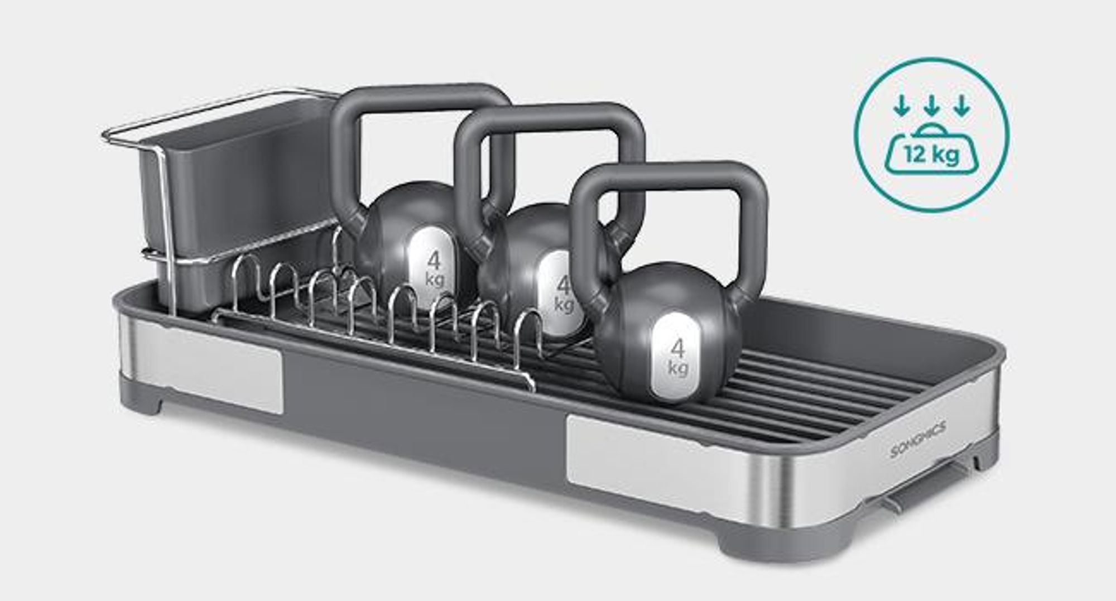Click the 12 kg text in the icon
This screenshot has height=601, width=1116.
click(931, 153)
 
